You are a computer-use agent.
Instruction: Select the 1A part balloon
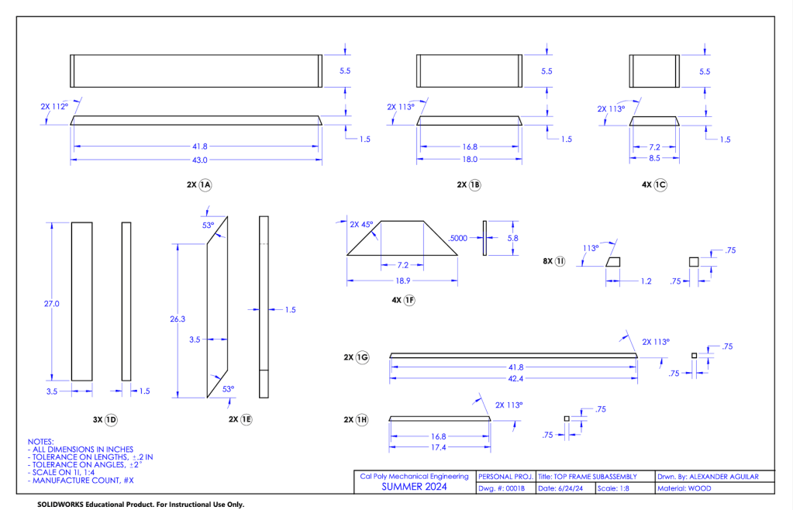click(x=205, y=185)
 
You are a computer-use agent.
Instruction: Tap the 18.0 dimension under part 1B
click(x=470, y=160)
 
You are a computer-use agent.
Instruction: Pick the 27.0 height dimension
click(x=51, y=304)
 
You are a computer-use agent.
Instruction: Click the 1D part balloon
click(x=111, y=419)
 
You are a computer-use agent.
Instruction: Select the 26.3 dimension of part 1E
click(x=178, y=319)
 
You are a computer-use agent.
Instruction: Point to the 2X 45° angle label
click(x=361, y=225)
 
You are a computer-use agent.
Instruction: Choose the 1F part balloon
click(x=409, y=301)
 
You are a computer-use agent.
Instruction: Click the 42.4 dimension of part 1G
click(x=514, y=378)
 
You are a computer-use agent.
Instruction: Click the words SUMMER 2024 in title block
click(x=414, y=488)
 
